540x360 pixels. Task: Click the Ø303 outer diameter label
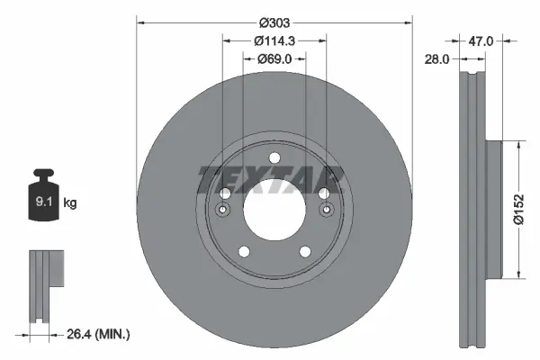coord(273,21)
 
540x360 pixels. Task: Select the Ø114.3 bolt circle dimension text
coord(273,41)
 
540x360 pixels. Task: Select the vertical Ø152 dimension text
coord(518,211)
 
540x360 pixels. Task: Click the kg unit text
coord(70,203)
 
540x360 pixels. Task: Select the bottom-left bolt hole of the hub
coord(243,252)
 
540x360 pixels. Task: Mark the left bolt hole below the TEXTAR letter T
coord(224,193)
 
